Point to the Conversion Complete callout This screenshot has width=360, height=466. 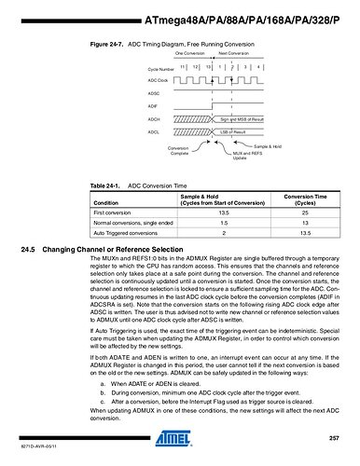tap(177, 150)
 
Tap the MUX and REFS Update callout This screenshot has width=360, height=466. tap(232, 155)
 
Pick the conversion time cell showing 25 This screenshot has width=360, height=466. tap(301, 213)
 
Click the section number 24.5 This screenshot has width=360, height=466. tap(27, 251)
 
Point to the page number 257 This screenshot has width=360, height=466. tap(334, 438)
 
